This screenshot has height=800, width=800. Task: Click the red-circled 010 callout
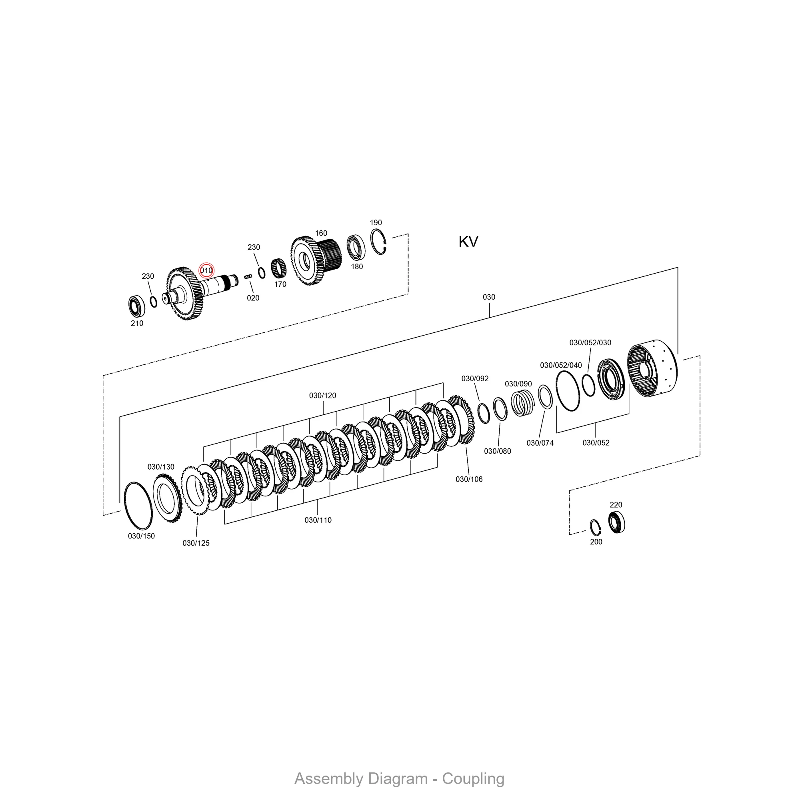coord(206,271)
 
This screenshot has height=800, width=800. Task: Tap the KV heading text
coord(468,242)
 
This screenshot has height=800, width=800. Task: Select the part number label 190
coord(376,223)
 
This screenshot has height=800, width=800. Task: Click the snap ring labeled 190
coord(378,242)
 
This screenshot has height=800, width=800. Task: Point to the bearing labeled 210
coord(137,306)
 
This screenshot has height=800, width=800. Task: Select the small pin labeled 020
coord(248,276)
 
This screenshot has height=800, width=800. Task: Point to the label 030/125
coord(196,543)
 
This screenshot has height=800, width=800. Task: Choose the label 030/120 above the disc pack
coord(322,396)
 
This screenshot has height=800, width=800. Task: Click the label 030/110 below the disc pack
coord(318,520)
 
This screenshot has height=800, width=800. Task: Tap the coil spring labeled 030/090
coord(522,403)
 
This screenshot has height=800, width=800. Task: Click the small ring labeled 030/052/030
coord(588,385)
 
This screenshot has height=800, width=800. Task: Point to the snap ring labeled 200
coord(596,527)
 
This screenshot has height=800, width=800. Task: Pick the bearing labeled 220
coord(616,522)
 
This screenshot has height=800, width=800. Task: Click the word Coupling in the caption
coord(473,778)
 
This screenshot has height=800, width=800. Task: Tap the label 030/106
coord(469,479)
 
